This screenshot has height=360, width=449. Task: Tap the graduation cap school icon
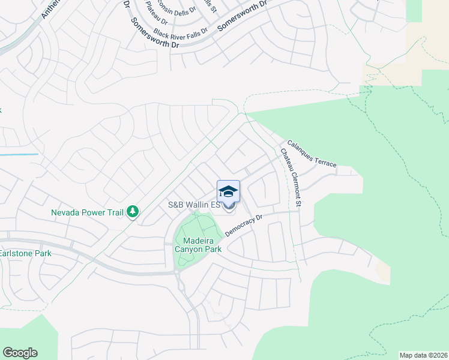coord(228,192)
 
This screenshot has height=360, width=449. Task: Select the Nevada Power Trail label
coord(87,212)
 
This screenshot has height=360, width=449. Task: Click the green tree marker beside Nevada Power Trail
coord(132,211)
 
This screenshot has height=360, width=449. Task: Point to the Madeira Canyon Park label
coord(198,245)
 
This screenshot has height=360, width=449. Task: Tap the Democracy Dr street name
coord(244,225)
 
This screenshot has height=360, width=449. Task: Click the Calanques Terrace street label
coord(312,154)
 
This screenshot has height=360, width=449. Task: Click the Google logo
coord(20,353)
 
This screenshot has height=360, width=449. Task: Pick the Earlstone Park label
coord(25,253)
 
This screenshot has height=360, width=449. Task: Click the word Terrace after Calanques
coord(325,160)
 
